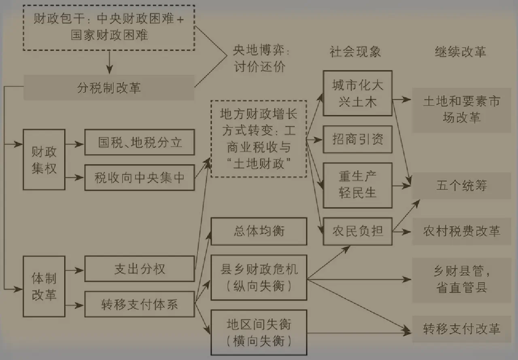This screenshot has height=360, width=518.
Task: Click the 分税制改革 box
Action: point(109,88)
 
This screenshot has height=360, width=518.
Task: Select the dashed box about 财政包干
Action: point(109,28)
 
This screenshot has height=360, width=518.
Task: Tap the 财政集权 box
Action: point(44,160)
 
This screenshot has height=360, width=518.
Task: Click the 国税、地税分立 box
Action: point(140,142)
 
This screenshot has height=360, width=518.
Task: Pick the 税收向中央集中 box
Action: point(140,178)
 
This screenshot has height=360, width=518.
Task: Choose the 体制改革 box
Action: point(44,286)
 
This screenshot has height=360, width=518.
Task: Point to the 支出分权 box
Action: point(140,269)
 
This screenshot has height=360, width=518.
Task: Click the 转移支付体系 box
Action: point(140,304)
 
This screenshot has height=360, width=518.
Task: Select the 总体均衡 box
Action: point(259,231)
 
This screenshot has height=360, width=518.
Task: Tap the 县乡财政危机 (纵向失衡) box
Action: point(259,277)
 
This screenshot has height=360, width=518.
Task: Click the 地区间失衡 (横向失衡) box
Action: point(259,332)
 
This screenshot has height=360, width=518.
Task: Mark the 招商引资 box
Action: point(358,140)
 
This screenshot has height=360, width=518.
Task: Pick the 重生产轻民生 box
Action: point(358,185)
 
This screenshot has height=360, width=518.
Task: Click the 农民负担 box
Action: point(358,231)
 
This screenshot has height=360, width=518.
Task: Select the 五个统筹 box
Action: point(462,186)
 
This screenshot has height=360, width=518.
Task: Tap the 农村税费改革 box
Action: point(462,231)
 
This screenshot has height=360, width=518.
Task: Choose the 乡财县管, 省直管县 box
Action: point(462,280)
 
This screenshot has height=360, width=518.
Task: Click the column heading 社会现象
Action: point(355,52)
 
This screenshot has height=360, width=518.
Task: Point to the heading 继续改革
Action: point(461,52)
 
